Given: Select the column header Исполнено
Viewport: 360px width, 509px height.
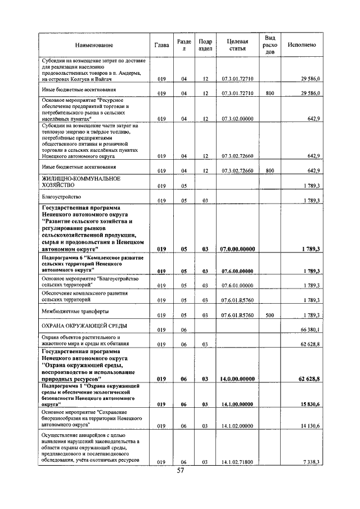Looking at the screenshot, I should pyautogui.click(x=301, y=45).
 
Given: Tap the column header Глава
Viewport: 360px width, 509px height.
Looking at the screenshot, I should pyautogui.click(x=162, y=45).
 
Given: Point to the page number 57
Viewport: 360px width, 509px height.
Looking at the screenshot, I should pyautogui.click(x=181, y=471).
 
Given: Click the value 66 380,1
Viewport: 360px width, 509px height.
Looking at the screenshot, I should pyautogui.click(x=309, y=330).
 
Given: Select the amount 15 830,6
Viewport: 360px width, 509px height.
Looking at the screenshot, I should pyautogui.click(x=309, y=404).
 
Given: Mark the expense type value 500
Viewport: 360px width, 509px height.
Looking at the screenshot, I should pyautogui.click(x=269, y=315).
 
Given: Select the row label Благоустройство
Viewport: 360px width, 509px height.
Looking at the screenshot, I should pyautogui.click(x=62, y=197).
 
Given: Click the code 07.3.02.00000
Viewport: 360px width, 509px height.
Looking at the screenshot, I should pyautogui.click(x=237, y=119).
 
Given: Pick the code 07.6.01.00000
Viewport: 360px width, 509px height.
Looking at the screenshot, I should pyautogui.click(x=237, y=286).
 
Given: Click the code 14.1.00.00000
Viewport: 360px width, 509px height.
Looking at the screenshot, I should pyautogui.click(x=237, y=404).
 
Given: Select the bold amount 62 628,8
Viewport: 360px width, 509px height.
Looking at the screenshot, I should pyautogui.click(x=308, y=379).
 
